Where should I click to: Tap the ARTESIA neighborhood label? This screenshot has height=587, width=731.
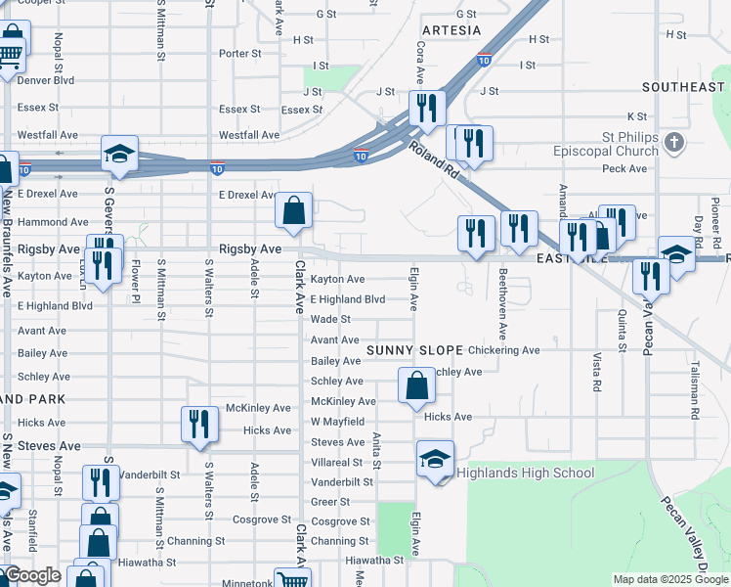[451, 30]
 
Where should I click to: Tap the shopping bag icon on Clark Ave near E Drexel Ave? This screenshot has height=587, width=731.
[293, 209]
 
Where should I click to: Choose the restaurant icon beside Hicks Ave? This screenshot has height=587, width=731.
[199, 424]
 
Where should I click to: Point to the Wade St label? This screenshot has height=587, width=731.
[330, 320]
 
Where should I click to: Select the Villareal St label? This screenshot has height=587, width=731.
[337, 463]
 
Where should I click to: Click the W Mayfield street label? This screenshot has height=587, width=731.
[337, 422]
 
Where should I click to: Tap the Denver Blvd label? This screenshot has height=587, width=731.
[45, 80]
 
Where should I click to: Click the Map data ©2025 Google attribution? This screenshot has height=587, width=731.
[669, 579]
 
